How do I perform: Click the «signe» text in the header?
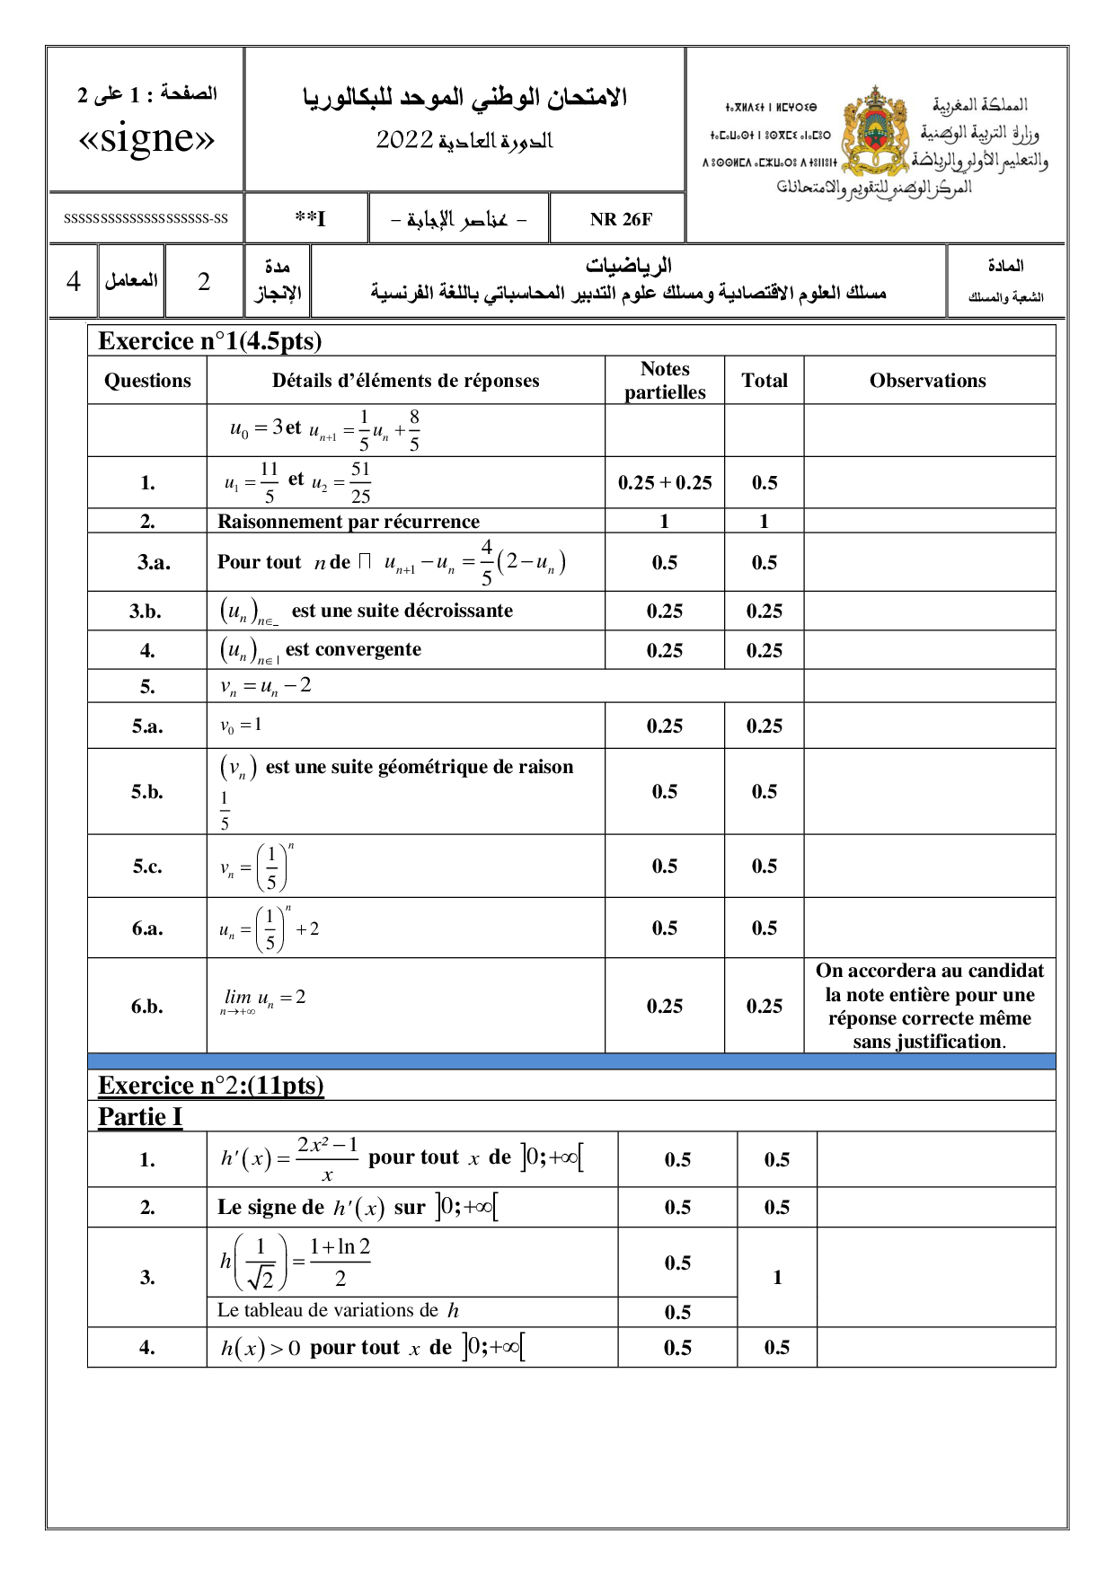(x=146, y=138)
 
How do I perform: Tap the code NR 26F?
(x=621, y=219)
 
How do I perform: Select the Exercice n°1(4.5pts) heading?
(x=209, y=341)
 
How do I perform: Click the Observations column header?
(x=927, y=381)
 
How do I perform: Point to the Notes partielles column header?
(x=665, y=381)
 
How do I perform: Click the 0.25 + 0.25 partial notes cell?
(x=665, y=483)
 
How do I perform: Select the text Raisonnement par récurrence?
(x=349, y=522)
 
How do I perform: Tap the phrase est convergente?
(x=353, y=649)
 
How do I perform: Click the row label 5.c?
(x=147, y=867)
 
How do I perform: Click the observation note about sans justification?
(x=929, y=1006)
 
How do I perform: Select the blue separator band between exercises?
(x=571, y=1061)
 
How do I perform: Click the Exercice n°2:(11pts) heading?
(x=211, y=1086)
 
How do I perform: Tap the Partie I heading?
(x=140, y=1117)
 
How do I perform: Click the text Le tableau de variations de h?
(x=338, y=1311)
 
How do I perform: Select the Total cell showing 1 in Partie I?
(x=777, y=1277)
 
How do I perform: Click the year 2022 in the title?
(x=404, y=140)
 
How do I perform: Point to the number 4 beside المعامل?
(x=74, y=282)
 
